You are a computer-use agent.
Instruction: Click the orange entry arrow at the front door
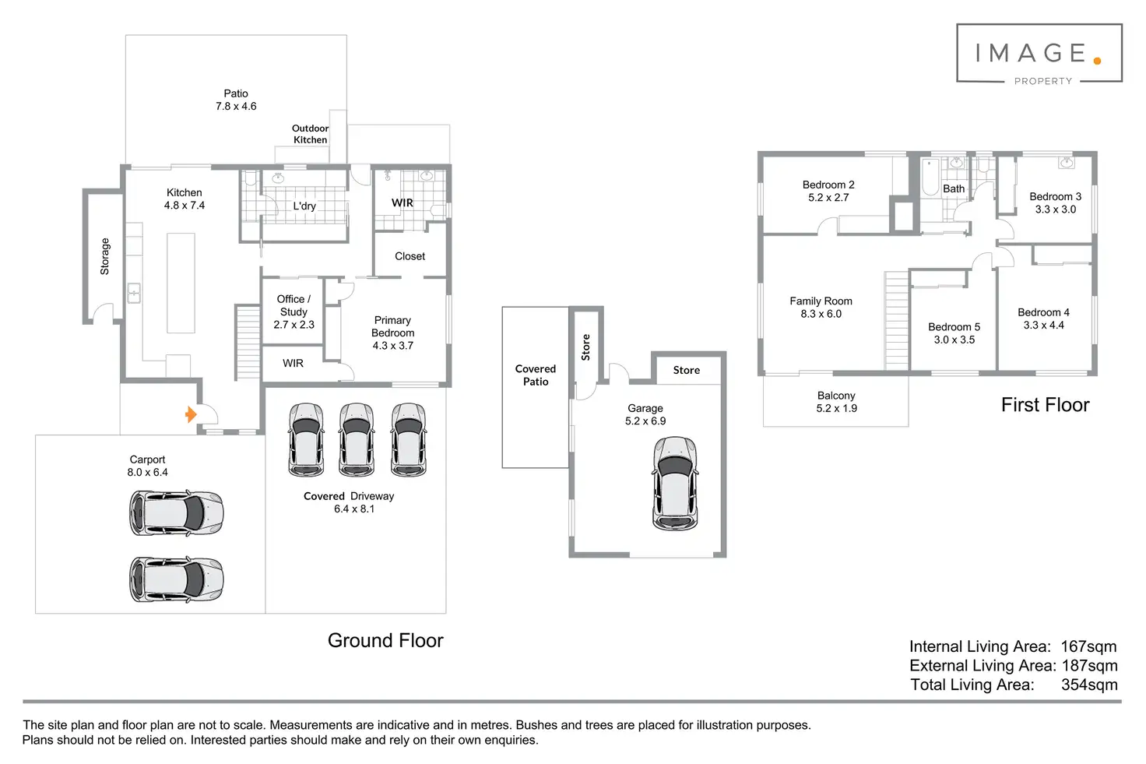tap(190, 414)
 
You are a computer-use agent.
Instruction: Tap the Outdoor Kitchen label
tap(310, 134)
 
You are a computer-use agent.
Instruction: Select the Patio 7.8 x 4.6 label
tap(236, 100)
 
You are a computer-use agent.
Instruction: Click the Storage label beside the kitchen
tap(105, 256)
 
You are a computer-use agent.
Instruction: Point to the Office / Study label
tap(294, 311)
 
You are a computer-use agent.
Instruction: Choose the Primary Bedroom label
tap(392, 333)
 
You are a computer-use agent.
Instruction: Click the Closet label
tap(410, 256)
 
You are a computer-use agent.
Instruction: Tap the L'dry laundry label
tap(304, 206)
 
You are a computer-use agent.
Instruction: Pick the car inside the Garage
tap(675, 483)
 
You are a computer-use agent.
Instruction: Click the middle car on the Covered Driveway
tap(357, 439)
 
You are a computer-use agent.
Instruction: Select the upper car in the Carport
tap(176, 512)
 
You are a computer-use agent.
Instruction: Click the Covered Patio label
tap(536, 375)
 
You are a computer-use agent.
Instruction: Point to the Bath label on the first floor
tap(954, 188)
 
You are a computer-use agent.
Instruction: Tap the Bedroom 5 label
tap(954, 333)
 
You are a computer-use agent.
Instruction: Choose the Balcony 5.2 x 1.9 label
tap(836, 402)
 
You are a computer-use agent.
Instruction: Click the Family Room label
tap(821, 307)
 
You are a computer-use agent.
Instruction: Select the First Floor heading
tap(1045, 405)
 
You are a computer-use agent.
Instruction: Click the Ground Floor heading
tap(385, 640)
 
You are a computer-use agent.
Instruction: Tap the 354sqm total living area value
tap(1089, 685)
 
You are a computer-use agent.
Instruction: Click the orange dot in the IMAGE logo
tap(1097, 60)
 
